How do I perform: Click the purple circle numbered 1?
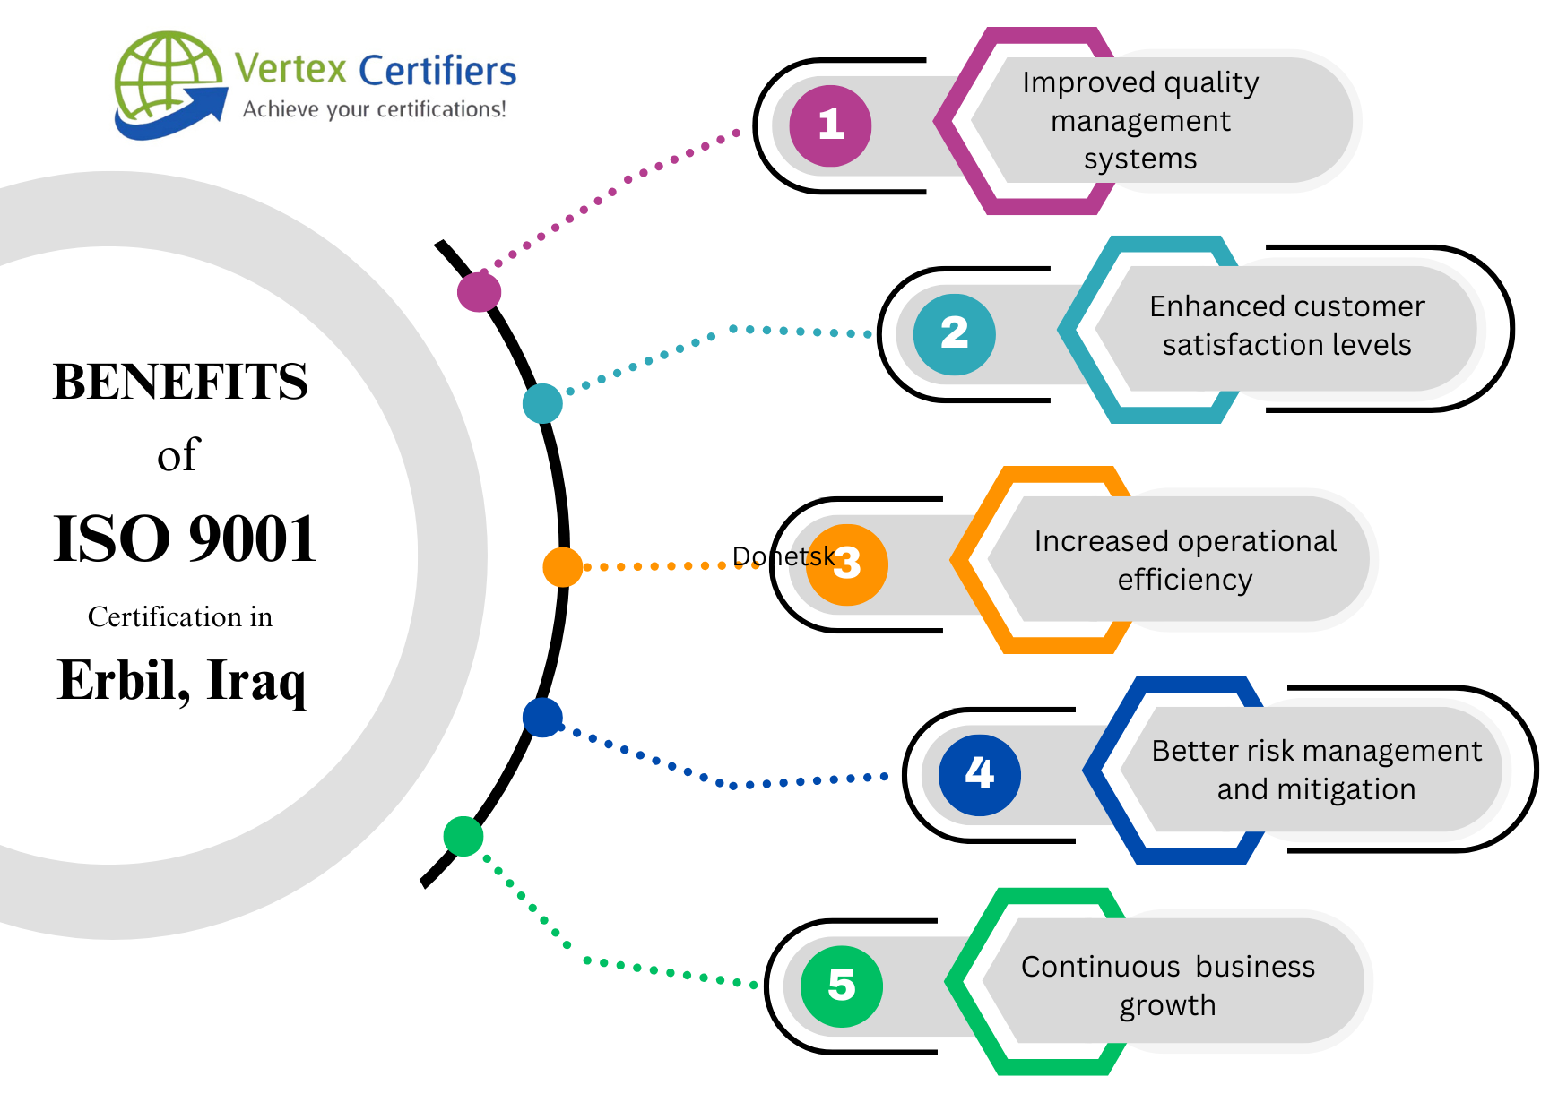[830, 125]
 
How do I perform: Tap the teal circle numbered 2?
[954, 334]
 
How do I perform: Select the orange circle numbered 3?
[848, 564]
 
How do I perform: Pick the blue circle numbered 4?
[979, 774]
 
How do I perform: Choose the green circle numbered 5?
[841, 986]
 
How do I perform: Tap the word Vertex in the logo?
[290, 69]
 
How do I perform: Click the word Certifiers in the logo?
[437, 71]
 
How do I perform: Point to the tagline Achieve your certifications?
[374, 109]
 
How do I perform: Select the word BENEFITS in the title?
[180, 382]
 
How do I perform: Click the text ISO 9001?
[185, 538]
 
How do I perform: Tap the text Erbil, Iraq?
[182, 681]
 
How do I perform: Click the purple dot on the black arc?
[479, 291]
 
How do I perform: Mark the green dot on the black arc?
[463, 836]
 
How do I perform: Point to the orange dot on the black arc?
[563, 566]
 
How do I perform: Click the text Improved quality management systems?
[1140, 120]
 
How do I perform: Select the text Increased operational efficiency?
[1184, 560]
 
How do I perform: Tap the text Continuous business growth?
[1167, 986]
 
